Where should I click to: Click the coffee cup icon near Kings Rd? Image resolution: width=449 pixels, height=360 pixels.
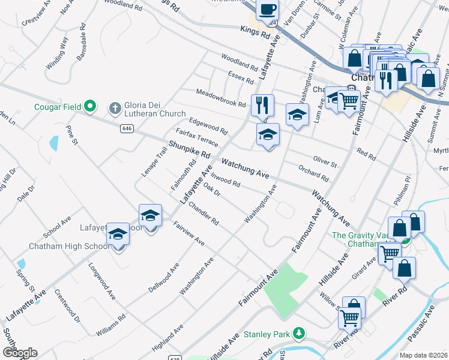click(267, 10)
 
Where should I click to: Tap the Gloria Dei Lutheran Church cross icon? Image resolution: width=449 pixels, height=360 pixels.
click(115, 108)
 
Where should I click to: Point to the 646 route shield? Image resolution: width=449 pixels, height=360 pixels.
click(127, 128)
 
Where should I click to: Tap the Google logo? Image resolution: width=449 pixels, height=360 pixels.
click(20, 352)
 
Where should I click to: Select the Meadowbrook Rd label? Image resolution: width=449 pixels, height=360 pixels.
click(221, 98)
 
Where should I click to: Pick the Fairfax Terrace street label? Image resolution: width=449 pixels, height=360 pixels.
click(197, 137)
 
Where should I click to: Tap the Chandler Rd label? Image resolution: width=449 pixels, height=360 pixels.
click(203, 214)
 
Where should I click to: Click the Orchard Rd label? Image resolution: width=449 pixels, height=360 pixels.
click(313, 173)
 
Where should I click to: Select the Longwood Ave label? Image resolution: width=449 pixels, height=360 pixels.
click(102, 281)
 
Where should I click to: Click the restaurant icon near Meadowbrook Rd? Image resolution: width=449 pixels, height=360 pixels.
click(262, 104)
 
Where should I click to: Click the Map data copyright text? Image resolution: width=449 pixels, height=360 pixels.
click(423, 355)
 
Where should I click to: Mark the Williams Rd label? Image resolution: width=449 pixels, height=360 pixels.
click(107, 324)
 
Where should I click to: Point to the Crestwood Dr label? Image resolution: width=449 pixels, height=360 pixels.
click(67, 306)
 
